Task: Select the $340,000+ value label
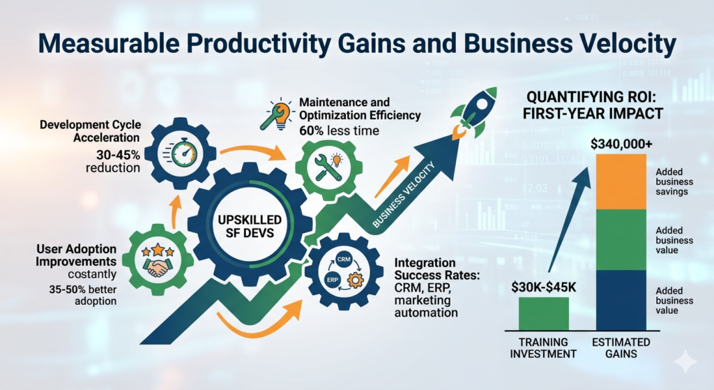coord(621,144)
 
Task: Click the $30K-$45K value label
coord(544,287)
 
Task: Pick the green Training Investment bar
coord(544,313)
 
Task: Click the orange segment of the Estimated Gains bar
coord(621,182)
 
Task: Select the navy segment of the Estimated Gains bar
coord(621,300)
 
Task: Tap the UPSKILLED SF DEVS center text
coord(250,226)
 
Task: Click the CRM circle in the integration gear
coord(343,260)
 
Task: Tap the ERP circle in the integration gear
coord(333,280)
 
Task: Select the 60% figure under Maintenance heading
coord(312,130)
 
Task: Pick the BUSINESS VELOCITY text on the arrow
coord(404,195)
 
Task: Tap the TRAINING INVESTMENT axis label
coord(543,347)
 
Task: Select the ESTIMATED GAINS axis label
coord(621,347)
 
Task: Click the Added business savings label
coord(674,181)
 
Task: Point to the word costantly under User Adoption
coord(93,274)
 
